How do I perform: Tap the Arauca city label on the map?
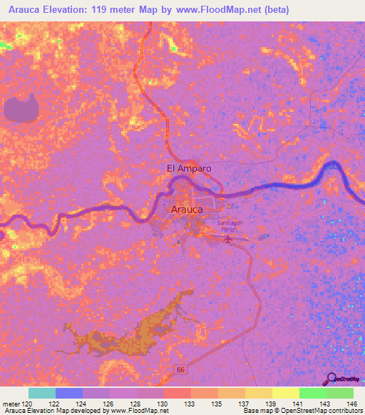(188, 210)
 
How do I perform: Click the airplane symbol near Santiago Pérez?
(228, 238)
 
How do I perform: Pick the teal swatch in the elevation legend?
(42, 393)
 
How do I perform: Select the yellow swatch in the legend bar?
(285, 393)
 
